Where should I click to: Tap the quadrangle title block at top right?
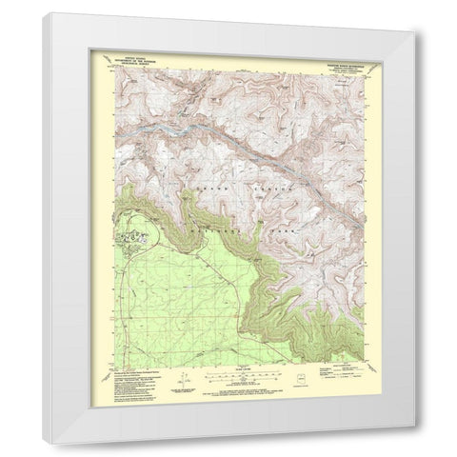click(x=332, y=60)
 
